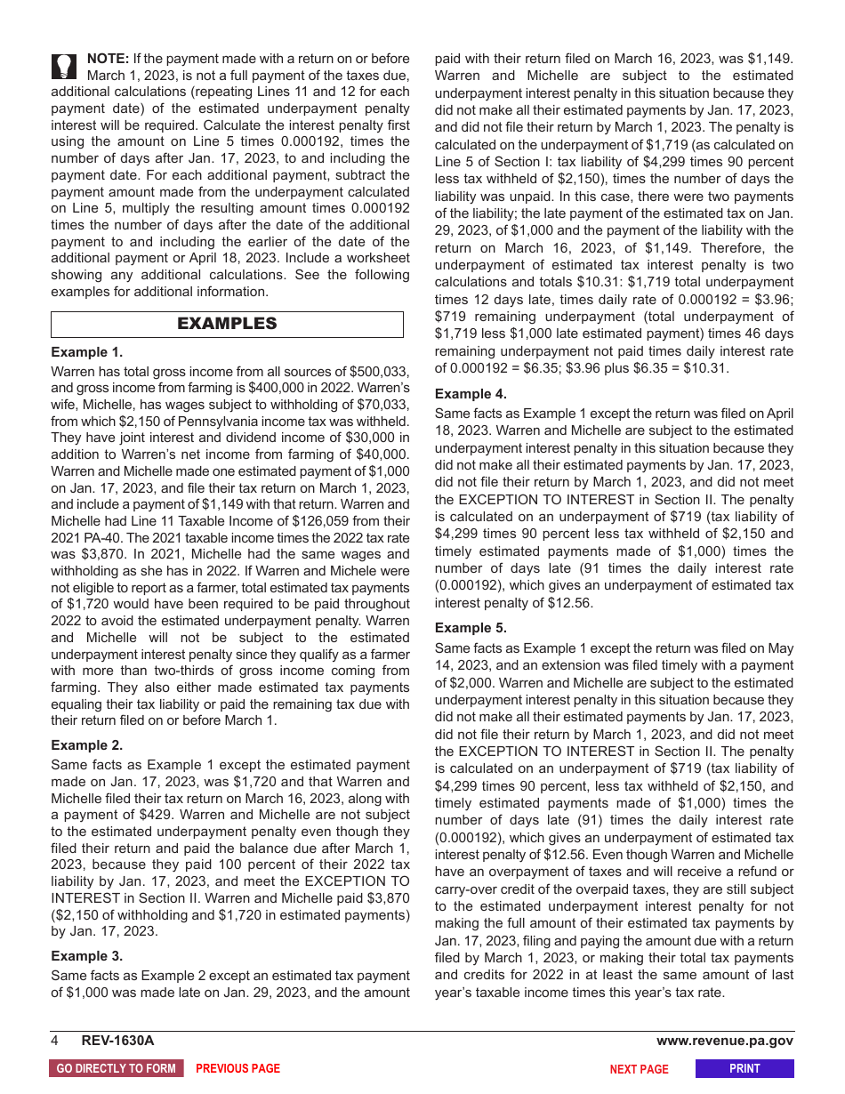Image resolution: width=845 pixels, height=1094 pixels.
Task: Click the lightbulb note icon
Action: coord(63,66)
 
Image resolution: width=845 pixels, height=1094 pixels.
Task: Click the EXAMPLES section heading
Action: coord(227,324)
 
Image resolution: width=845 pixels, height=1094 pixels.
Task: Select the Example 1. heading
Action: coord(87,352)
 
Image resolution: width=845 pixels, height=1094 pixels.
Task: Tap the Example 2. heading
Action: coord(87,745)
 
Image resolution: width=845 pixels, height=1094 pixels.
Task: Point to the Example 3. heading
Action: coord(87,956)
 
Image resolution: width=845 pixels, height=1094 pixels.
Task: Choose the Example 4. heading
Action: coord(471,394)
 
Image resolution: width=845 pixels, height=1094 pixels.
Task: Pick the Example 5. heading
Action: coord(471,628)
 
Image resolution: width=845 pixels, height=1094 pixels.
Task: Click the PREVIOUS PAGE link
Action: coord(237,1069)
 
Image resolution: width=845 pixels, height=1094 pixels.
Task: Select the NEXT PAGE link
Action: coord(639,1069)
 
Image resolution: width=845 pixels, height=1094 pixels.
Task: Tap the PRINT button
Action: coord(744,1069)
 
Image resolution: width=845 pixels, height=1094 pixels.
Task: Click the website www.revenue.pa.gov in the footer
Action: coord(725,1041)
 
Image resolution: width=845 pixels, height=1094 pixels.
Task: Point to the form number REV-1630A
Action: coord(117,1041)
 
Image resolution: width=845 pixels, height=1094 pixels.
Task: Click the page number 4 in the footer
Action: coord(55,1041)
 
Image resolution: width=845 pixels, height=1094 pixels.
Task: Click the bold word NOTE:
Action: coord(108,59)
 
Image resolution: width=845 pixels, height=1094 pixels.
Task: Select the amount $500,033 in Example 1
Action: coord(378,372)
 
